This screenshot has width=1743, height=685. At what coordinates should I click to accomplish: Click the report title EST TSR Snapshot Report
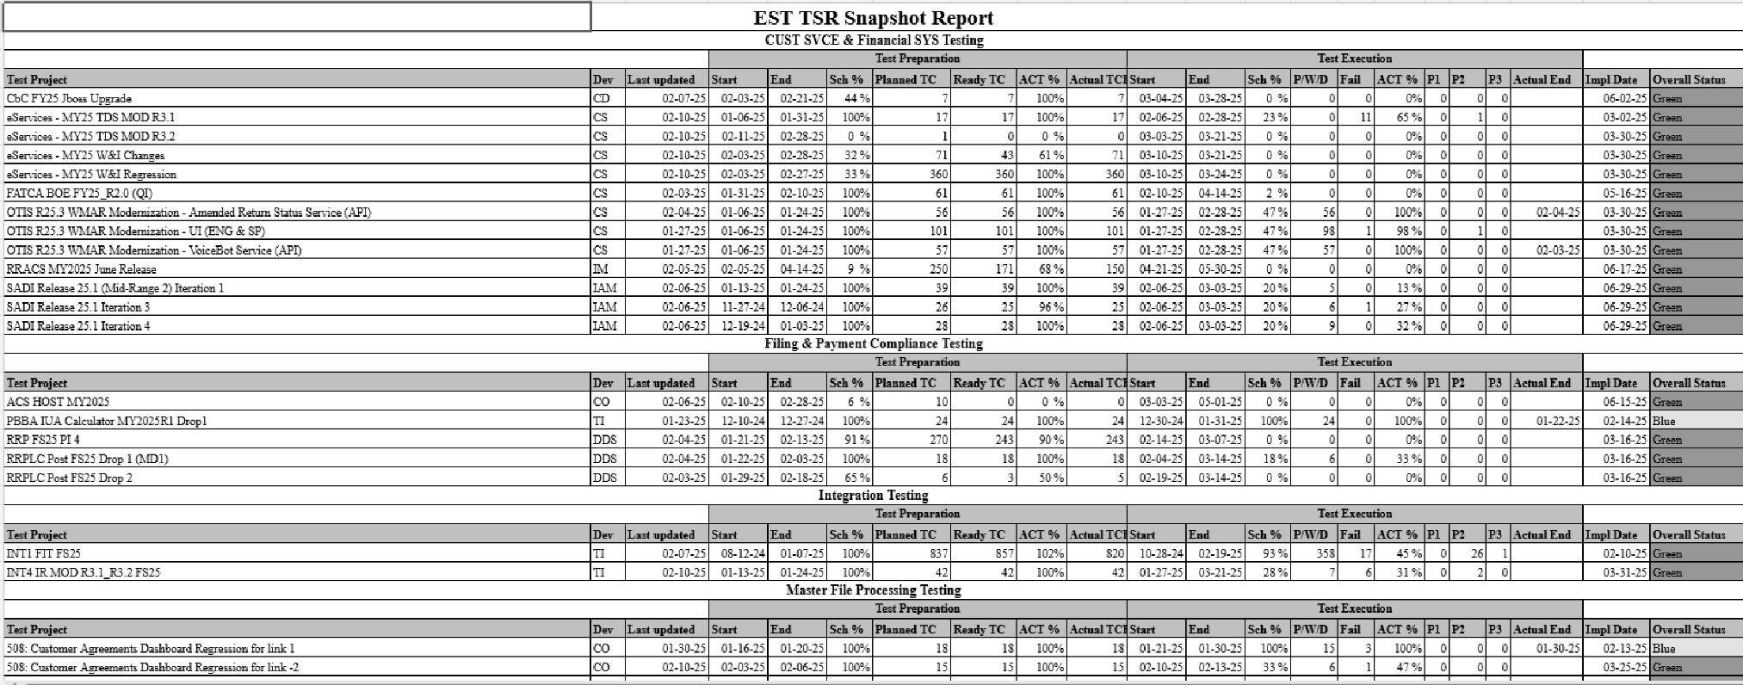coord(873,18)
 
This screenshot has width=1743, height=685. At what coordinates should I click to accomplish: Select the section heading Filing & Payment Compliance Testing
coord(873,343)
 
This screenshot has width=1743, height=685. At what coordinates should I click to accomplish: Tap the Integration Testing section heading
coord(873,496)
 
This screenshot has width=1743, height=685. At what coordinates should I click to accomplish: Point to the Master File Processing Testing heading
coord(873,590)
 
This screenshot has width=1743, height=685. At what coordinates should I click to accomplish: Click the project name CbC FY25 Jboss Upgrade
coord(69,99)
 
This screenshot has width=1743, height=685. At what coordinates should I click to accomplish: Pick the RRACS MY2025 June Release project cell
coord(81,269)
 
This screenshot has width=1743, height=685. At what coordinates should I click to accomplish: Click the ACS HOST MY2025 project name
coord(58,402)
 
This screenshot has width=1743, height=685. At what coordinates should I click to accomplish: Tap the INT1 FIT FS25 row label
coord(44,554)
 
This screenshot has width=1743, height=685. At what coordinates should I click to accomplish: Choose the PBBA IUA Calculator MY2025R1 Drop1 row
coord(107,421)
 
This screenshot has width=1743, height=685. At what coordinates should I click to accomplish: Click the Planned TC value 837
coord(938,554)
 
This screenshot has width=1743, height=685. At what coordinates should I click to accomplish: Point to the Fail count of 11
coord(1365,118)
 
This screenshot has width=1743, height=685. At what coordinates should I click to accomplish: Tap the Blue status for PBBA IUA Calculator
coord(1664,421)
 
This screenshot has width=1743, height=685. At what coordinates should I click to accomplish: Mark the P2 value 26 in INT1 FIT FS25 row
coord(1477,554)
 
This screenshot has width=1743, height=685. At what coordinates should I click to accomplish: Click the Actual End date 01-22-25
coord(1558,421)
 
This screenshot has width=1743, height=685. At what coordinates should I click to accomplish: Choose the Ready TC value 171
coord(1002,269)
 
